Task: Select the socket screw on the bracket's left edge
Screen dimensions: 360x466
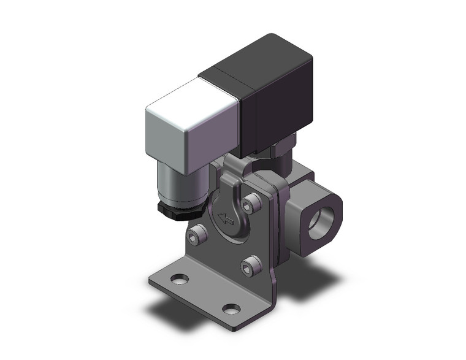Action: tap(196, 234)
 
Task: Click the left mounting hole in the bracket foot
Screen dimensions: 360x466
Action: tap(180, 280)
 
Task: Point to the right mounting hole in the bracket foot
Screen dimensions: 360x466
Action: tap(231, 308)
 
